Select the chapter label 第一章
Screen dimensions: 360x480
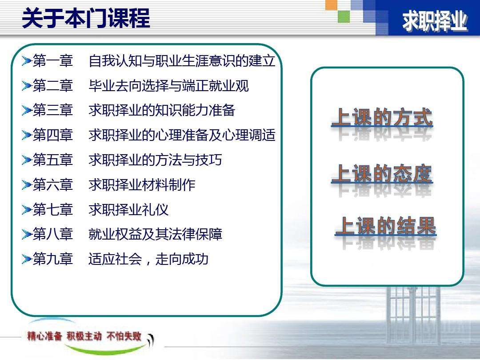pyautogui.click(x=53, y=60)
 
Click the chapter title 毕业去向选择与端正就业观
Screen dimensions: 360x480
pyautogui.click(x=168, y=85)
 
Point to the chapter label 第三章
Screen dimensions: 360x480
pyautogui.click(x=53, y=110)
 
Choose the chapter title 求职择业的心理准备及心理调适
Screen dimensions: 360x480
pyautogui.click(x=182, y=135)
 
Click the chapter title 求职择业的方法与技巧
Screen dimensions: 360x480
pyautogui.click(x=155, y=160)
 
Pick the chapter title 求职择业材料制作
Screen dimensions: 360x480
pyautogui.click(x=142, y=184)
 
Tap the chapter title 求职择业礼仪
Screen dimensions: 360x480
pyautogui.click(x=128, y=209)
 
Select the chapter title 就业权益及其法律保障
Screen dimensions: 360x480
pyautogui.click(x=155, y=234)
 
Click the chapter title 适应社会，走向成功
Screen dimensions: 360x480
pyautogui.click(x=148, y=259)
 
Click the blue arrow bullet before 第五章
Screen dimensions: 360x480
pyautogui.click(x=27, y=160)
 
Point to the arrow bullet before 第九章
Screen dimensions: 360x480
pyautogui.click(x=27, y=259)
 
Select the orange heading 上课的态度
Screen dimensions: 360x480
pyautogui.click(x=382, y=173)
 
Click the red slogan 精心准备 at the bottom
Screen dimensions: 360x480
pyautogui.click(x=44, y=336)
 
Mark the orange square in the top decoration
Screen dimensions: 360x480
pyautogui.click(x=332, y=5)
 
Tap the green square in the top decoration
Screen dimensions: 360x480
pyautogui.click(x=344, y=16)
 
